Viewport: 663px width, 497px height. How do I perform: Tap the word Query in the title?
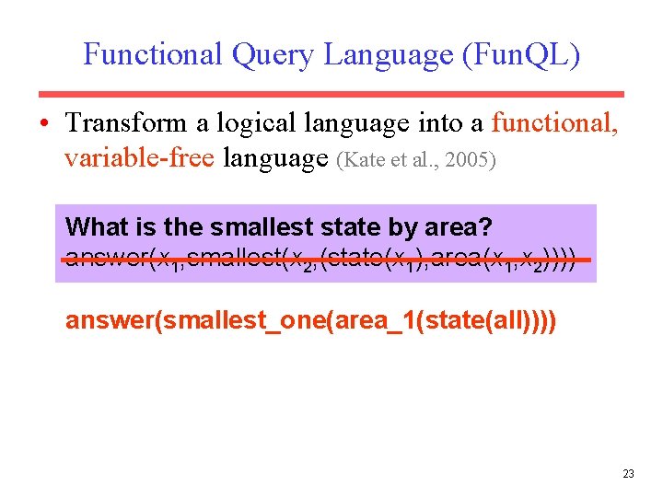[x=273, y=55]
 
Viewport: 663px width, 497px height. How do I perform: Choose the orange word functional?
[x=556, y=122]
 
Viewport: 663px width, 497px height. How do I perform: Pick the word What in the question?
[x=97, y=226]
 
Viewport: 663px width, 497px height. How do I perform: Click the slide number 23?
[x=628, y=473]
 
